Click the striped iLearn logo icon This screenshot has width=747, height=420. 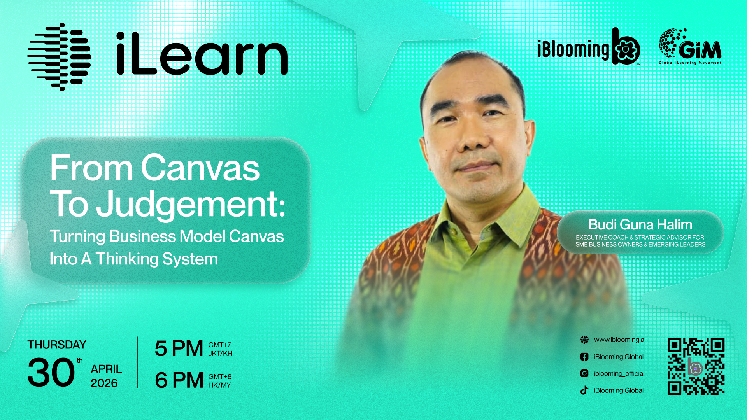point(59,57)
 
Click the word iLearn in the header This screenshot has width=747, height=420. point(202,54)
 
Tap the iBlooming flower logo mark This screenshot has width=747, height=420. point(626,46)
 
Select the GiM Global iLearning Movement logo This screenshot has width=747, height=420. point(690,46)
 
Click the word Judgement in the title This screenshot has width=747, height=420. point(191,205)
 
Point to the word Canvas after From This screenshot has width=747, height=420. point(200,168)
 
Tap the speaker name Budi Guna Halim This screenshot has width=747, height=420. point(640,224)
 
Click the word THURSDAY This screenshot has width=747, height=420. point(57,345)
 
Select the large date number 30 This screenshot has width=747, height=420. point(51,372)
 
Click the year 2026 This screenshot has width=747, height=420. point(104,383)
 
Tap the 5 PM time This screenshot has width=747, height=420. point(179,348)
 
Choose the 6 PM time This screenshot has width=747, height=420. point(179,380)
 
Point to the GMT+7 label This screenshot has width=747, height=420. point(220,345)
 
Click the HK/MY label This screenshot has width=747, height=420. point(220,385)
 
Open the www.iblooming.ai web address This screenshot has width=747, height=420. point(620,339)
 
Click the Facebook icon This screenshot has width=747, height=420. point(584,357)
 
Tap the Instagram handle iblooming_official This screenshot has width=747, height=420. point(619,373)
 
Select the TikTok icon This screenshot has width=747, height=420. point(584,390)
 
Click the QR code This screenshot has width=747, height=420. point(696,366)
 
